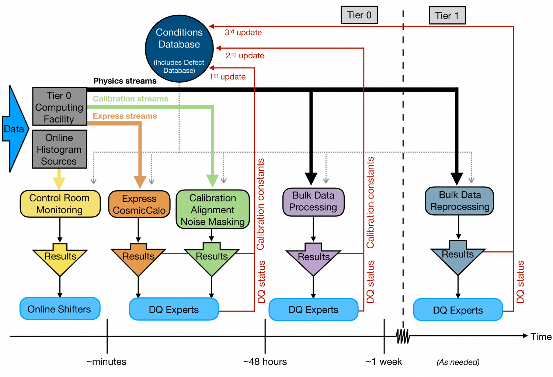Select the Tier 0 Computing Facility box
click(59, 107)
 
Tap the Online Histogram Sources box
click(59, 149)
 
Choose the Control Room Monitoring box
click(60, 204)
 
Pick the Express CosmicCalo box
click(139, 204)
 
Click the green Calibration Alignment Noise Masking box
click(213, 210)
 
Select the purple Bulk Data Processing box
click(313, 201)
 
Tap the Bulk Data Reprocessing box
click(459, 201)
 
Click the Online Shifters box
click(60, 309)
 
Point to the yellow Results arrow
click(60, 258)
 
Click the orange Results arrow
click(138, 258)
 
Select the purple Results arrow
click(313, 258)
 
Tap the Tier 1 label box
click(447, 15)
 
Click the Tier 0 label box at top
click(359, 15)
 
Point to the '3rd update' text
click(243, 32)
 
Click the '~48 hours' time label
click(265, 362)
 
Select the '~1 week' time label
click(384, 362)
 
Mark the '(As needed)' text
click(458, 362)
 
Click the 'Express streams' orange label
click(125, 116)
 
